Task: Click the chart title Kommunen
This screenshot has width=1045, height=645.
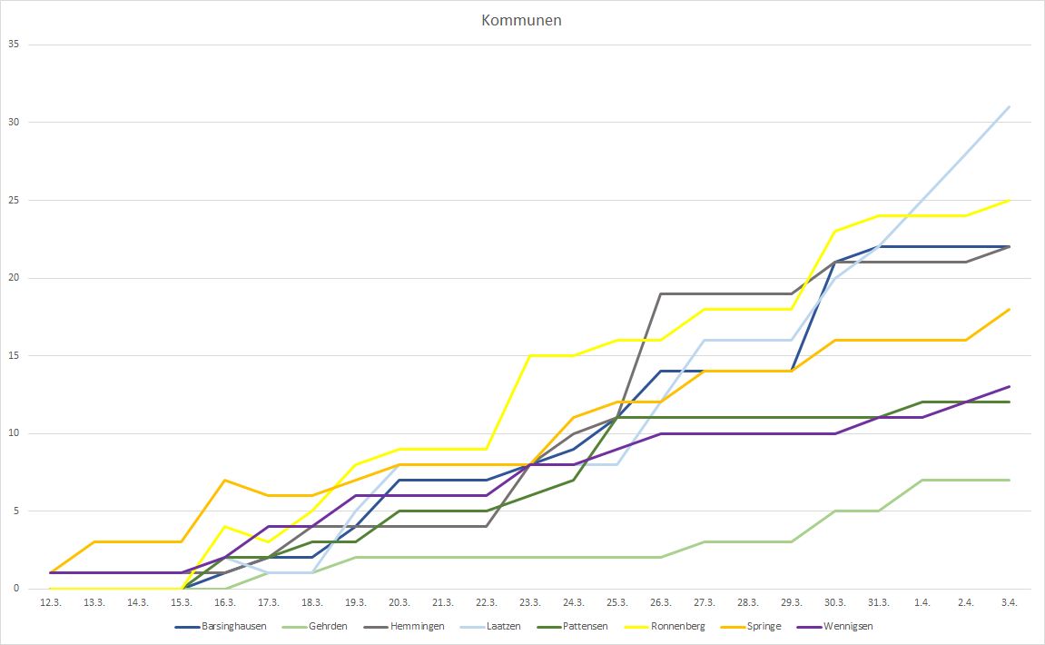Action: (x=521, y=20)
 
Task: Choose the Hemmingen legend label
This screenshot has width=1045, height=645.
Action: (x=413, y=626)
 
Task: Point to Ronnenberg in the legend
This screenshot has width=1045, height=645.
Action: (x=677, y=626)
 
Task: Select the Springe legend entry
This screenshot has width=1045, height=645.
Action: (x=763, y=626)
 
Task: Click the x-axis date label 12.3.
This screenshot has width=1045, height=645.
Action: (x=50, y=602)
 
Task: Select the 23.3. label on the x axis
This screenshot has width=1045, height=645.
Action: (x=529, y=602)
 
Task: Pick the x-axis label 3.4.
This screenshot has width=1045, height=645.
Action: (x=1009, y=602)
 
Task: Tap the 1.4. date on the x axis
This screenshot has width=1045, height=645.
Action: (x=922, y=602)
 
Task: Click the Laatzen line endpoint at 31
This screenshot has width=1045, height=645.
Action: (x=1009, y=106)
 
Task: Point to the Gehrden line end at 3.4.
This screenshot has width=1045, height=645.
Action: (x=1009, y=480)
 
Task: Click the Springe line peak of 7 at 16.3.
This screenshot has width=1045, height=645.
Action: (x=224, y=480)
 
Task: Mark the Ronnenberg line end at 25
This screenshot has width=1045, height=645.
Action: (x=1009, y=200)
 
